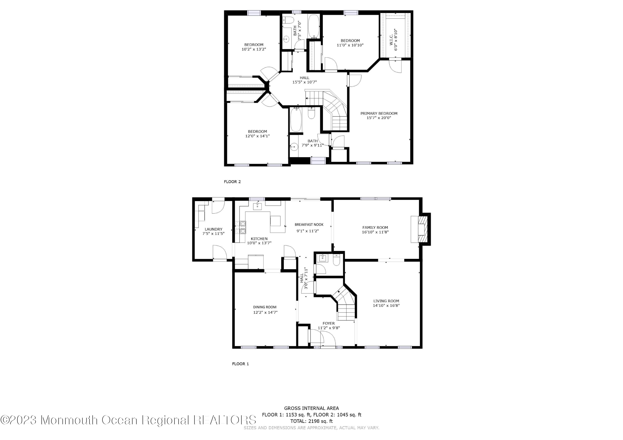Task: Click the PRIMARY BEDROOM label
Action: pos(379,113)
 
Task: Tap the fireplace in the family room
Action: pos(421,229)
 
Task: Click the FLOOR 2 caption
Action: pos(232,182)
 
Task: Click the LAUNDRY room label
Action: pos(213,229)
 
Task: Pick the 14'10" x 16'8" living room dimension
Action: pos(386,306)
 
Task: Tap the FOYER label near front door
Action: pos(328,323)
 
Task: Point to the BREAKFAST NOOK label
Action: pos(309,224)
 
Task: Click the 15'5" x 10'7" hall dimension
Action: pos(304,82)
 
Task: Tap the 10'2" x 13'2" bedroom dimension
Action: pos(254,49)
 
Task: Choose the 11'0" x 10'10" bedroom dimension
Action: pos(350,45)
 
